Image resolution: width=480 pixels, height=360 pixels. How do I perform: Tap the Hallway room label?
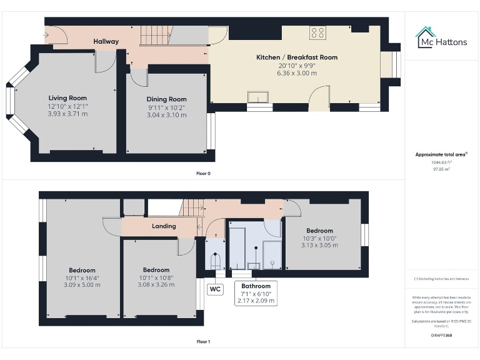tap(106, 42)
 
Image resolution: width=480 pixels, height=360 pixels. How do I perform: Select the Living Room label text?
tap(67, 98)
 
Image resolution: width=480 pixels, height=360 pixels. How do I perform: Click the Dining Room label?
tap(166, 99)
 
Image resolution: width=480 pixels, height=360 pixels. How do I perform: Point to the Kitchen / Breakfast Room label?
tap(297, 57)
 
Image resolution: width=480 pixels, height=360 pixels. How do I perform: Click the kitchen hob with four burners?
tap(317, 34)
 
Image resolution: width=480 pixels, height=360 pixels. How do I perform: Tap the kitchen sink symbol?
tap(257, 96)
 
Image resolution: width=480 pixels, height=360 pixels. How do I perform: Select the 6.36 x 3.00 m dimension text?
tap(297, 73)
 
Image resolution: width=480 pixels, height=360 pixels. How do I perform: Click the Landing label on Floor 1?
tap(164, 226)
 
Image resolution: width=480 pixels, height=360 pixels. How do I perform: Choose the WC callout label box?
tap(215, 289)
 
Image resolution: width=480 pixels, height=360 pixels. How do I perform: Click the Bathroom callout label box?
tap(256, 293)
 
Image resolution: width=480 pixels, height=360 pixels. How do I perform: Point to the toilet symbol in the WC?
tap(216, 260)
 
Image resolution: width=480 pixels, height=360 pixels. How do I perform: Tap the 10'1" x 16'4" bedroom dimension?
tap(82, 277)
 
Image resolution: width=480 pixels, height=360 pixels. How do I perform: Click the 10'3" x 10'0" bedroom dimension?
tap(319, 238)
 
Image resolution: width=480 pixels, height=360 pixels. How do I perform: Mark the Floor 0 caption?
tap(203, 173)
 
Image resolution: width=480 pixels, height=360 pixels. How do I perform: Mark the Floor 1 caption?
tap(203, 342)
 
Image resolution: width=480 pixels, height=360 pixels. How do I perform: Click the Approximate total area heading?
tap(441, 154)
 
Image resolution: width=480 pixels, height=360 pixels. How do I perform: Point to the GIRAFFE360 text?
tap(441, 336)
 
